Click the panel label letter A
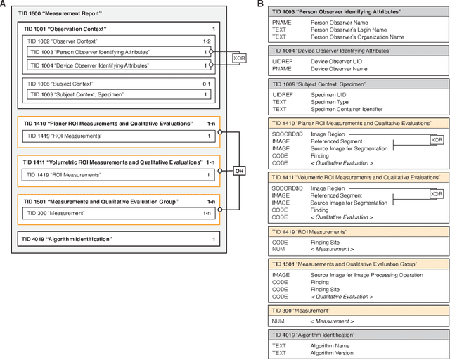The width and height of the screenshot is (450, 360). (x=4, y=4)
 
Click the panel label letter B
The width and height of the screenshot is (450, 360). (x=261, y=4)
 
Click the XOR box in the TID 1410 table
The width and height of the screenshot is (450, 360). (x=437, y=140)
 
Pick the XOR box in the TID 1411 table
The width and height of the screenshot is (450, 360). (x=437, y=194)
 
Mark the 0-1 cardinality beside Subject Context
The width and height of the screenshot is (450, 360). (x=205, y=83)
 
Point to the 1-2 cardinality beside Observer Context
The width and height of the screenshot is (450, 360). (x=205, y=41)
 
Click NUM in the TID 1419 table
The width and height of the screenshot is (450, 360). (x=278, y=249)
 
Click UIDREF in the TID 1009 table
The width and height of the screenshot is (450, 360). (x=283, y=93)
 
